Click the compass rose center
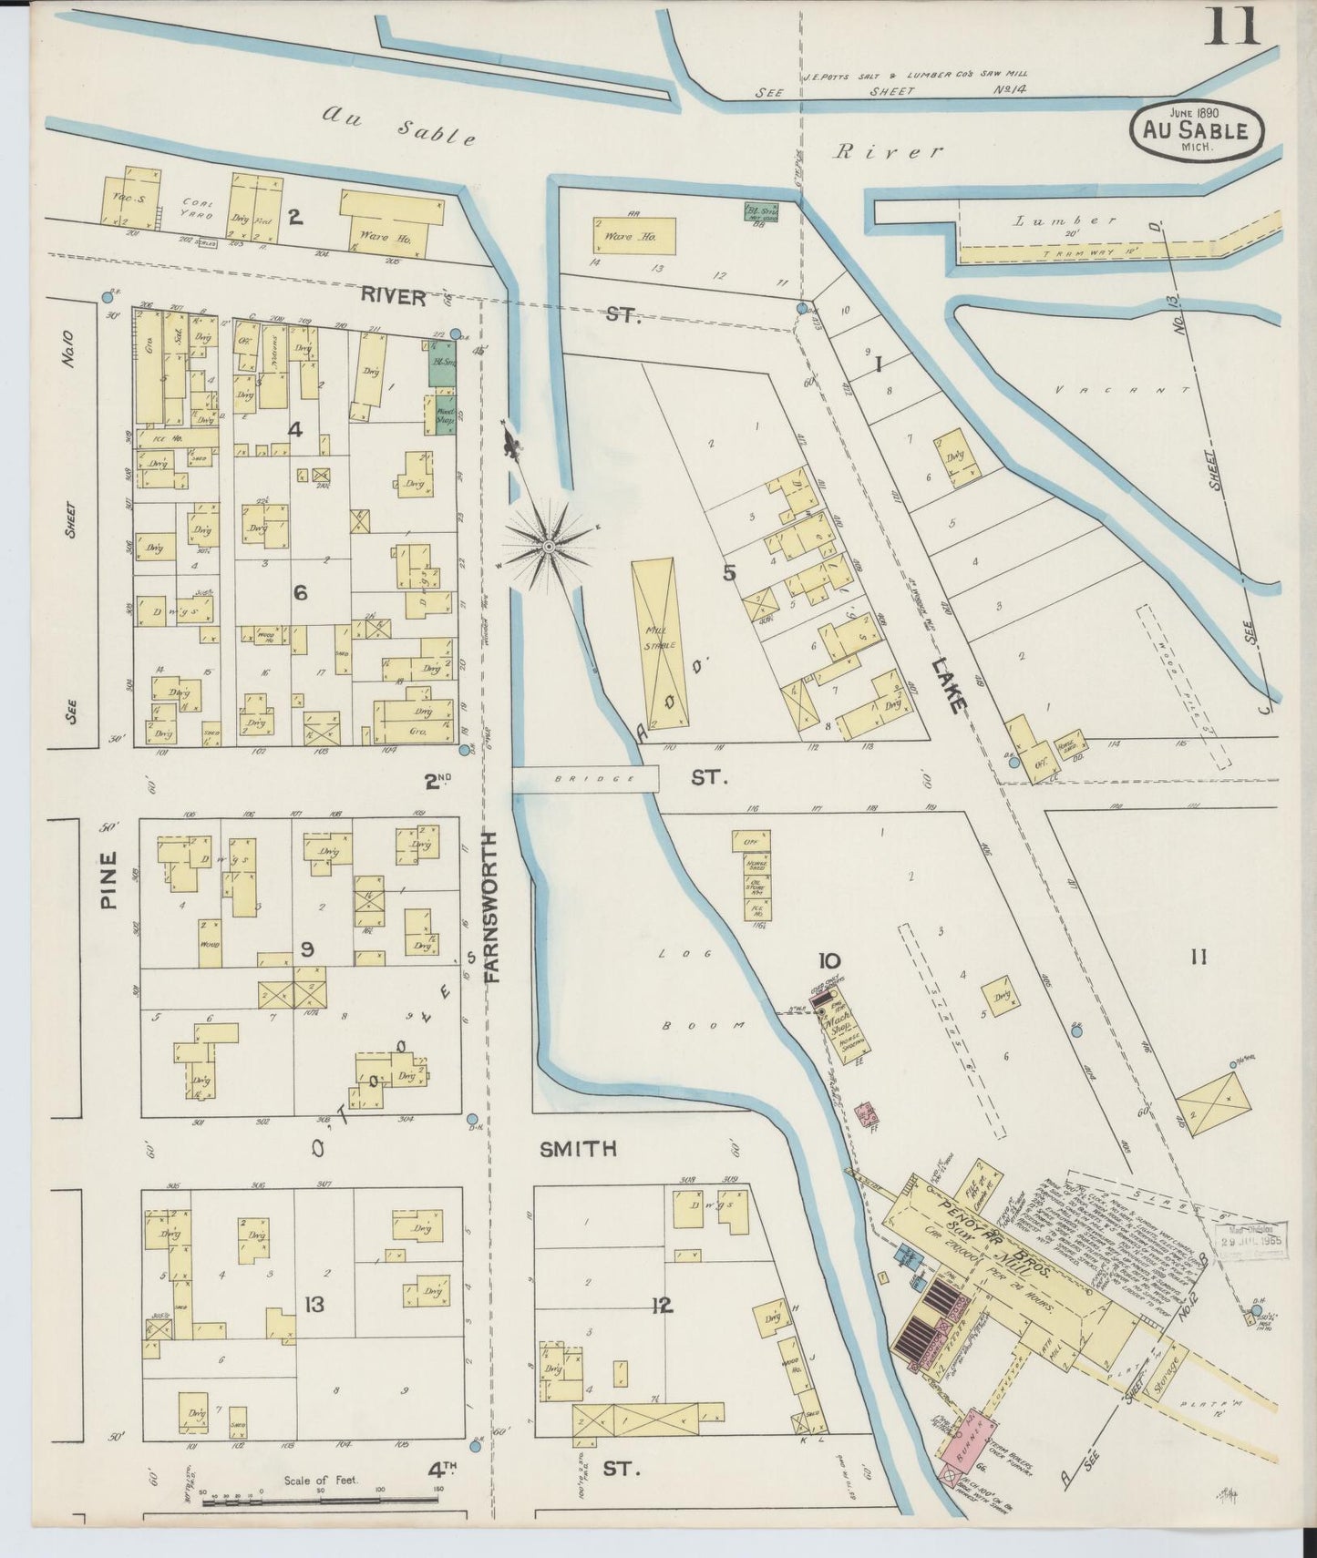tap(549, 546)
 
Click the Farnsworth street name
tap(492, 906)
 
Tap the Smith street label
tap(578, 1149)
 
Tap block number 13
tap(314, 1305)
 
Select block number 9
tap(308, 949)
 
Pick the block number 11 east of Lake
tap(1198, 957)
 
